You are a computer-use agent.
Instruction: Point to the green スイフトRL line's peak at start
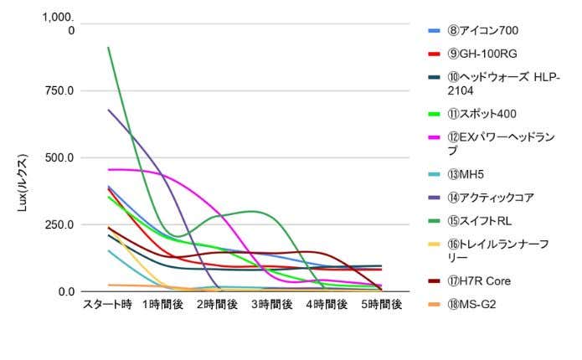108,48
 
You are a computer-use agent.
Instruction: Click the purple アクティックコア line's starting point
108,110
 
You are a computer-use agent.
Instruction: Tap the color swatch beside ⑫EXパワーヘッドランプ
435,136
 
